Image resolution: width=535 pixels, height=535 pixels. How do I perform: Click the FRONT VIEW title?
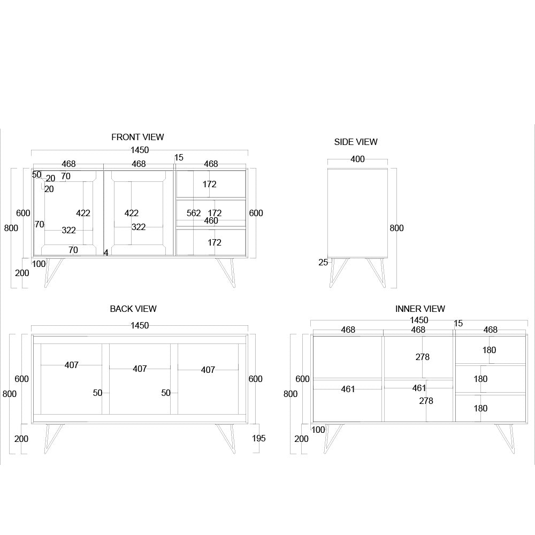(x=137, y=137)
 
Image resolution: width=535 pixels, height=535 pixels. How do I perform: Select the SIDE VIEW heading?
(x=356, y=142)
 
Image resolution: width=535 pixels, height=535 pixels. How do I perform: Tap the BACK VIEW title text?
(x=133, y=309)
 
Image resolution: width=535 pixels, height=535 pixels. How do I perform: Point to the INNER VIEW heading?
(x=420, y=309)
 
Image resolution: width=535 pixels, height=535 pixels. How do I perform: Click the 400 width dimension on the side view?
(x=357, y=159)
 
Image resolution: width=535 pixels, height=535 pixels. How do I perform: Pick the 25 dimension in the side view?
(x=323, y=262)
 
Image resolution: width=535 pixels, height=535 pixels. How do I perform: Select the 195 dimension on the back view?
(x=259, y=438)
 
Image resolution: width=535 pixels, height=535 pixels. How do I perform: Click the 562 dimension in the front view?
(x=194, y=213)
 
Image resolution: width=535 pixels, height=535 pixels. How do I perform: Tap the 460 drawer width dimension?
(x=211, y=220)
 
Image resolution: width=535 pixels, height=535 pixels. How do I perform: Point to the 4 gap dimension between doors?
(x=106, y=253)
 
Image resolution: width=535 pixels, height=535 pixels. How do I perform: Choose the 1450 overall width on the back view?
(x=140, y=325)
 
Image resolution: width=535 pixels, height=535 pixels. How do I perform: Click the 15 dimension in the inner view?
(x=458, y=324)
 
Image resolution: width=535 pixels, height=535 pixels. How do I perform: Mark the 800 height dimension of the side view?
(x=396, y=228)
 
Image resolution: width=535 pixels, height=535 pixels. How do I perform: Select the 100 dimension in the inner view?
(x=318, y=430)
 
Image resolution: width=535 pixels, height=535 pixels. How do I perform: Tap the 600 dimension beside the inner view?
(x=303, y=379)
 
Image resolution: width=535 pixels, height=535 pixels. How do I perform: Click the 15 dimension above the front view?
(x=179, y=157)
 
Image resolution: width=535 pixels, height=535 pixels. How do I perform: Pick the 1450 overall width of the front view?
(x=140, y=150)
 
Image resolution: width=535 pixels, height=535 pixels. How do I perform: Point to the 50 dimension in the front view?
(x=36, y=174)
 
